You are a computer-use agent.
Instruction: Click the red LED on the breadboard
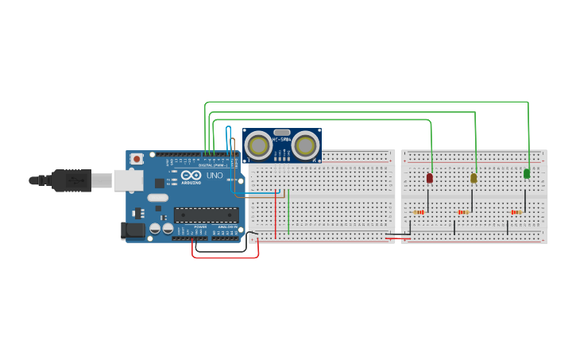430,178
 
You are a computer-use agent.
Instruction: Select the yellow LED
474,178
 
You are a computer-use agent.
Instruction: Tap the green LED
527,173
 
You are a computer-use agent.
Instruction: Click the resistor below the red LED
419,212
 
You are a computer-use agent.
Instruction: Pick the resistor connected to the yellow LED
463,212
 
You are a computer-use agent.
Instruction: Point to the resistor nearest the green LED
516,212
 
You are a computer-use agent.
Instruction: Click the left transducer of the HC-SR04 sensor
258,145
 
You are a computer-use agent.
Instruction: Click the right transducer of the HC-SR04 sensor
306,145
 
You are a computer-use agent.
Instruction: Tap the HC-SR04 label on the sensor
282,140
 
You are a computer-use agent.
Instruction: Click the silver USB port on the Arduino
126,180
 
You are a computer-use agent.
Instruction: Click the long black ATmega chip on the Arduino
207,215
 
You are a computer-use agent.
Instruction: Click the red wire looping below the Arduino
226,257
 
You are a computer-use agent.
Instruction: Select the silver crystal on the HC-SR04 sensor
281,132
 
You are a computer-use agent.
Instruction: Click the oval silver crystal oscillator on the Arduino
158,198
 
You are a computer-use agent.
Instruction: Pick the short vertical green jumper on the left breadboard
288,211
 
